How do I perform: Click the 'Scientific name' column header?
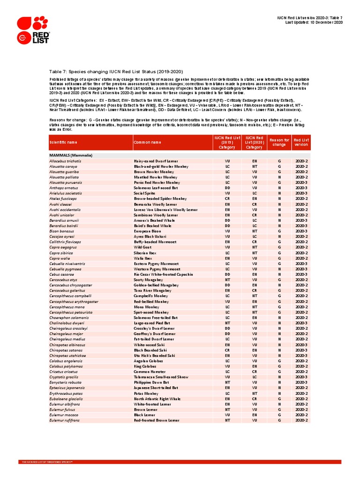(62, 142)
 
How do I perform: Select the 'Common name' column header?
(147, 142)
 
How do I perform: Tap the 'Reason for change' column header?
(279, 142)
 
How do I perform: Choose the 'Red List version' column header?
(301, 142)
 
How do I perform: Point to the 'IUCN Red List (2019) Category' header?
(227, 142)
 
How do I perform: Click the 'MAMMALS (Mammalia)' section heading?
(71, 155)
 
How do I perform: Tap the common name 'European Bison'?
(147, 231)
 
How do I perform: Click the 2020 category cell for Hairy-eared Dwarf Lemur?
(254, 161)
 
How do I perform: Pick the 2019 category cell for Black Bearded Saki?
(227, 350)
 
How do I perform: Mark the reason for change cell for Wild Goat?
(279, 247)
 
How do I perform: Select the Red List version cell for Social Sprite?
(301, 193)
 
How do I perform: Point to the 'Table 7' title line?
(113, 72)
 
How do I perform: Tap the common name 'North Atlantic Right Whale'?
(157, 398)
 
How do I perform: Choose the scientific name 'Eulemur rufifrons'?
(65, 420)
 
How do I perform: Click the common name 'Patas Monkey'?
(145, 393)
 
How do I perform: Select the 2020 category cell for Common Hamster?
(254, 371)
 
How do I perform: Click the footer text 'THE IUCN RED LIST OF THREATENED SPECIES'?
(47, 462)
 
